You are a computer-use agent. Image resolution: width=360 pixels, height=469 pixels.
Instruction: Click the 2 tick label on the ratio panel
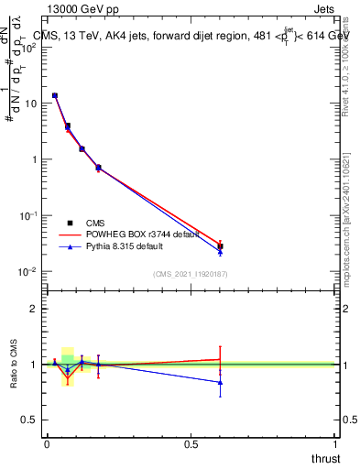[x=35, y=309]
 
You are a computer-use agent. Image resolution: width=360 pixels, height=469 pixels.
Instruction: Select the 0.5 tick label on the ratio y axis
[x=30, y=420]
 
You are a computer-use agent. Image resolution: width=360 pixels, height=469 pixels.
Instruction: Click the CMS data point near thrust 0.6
[x=220, y=246]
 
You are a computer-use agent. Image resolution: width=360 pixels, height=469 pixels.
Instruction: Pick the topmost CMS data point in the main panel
[x=55, y=95]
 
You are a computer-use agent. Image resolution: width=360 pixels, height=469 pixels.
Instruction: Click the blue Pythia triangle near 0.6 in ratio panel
[x=220, y=382]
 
